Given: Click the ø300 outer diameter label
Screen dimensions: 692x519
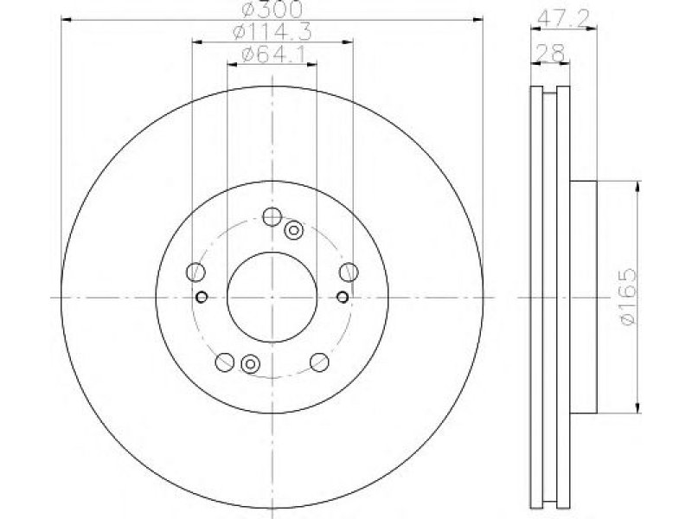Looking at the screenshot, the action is pyautogui.click(x=273, y=9).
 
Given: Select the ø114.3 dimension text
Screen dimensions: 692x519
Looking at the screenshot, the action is pyautogui.click(x=272, y=32).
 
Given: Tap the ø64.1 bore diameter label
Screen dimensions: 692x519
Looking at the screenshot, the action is pyautogui.click(x=272, y=54).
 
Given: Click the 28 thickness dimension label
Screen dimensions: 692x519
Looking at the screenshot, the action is pyautogui.click(x=550, y=54).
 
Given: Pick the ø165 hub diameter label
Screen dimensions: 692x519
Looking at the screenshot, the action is pyautogui.click(x=629, y=297).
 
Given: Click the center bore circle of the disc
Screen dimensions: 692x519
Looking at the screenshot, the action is pyautogui.click(x=272, y=298).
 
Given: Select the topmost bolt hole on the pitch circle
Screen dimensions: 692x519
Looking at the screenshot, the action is pyautogui.click(x=272, y=216).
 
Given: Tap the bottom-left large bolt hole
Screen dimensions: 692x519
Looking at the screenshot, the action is pyautogui.click(x=224, y=362).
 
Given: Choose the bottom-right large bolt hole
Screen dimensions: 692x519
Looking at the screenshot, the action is pyautogui.click(x=319, y=362).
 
